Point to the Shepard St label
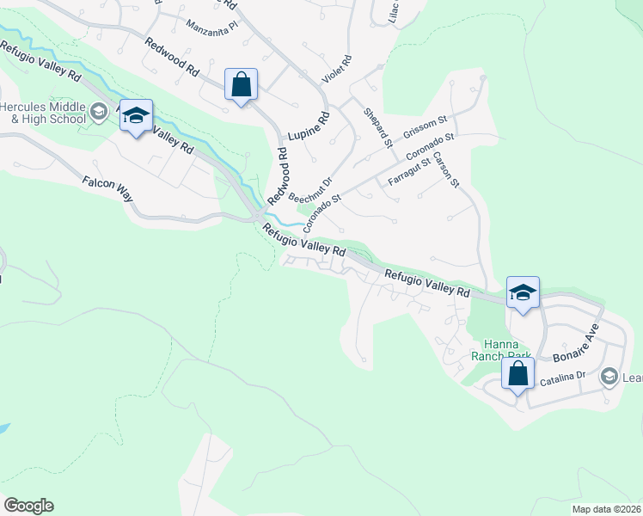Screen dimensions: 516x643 click(x=377, y=126)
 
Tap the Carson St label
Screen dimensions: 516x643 click(x=447, y=169)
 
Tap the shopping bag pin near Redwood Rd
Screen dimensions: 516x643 click(x=241, y=85)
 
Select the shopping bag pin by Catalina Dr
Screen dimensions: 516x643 click(x=517, y=374)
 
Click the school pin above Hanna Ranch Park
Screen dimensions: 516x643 click(x=522, y=293)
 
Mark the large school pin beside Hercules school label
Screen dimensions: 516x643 click(x=136, y=115)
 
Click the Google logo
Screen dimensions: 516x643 click(x=28, y=506)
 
